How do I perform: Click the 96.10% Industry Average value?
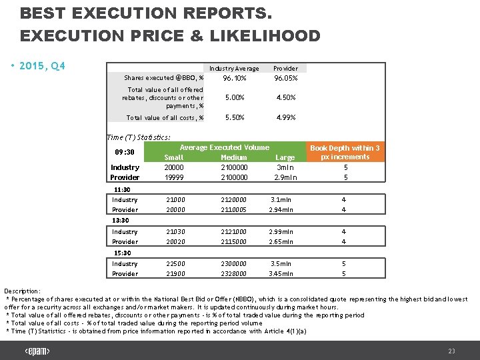(x=235, y=78)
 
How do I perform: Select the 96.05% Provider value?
(x=285, y=78)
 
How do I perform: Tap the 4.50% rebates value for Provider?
(x=285, y=97)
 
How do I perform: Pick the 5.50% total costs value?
(x=235, y=118)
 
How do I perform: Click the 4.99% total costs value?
(x=285, y=118)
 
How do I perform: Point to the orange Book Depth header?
(x=345, y=152)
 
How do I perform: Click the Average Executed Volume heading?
(x=225, y=147)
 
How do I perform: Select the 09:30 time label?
(x=125, y=151)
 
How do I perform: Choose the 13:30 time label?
(x=121, y=221)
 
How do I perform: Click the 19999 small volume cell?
(x=174, y=178)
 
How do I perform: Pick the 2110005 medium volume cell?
(x=234, y=210)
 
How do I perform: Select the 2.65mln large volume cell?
(x=281, y=242)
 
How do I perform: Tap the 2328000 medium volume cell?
(x=234, y=274)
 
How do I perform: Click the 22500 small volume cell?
(x=175, y=264)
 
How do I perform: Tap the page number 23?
(x=451, y=351)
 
